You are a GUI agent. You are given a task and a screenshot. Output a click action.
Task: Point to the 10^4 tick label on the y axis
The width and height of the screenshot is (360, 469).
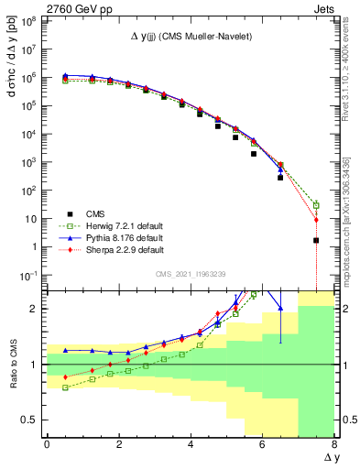(x=26, y=134)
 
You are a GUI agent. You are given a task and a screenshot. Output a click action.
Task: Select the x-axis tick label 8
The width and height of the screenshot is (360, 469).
(x=334, y=444)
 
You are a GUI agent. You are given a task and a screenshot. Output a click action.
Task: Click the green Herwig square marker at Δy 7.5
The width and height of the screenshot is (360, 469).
(x=316, y=205)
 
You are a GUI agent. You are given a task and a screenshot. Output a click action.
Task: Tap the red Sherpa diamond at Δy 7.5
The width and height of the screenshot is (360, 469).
(x=316, y=220)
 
